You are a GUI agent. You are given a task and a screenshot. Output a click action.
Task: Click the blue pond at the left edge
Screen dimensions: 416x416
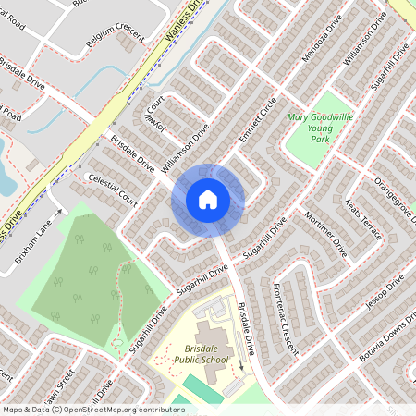coord(6,180)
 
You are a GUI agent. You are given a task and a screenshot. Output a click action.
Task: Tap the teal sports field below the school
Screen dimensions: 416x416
coord(202,388)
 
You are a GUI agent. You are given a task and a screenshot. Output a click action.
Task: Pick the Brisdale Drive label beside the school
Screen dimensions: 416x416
coord(245,329)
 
